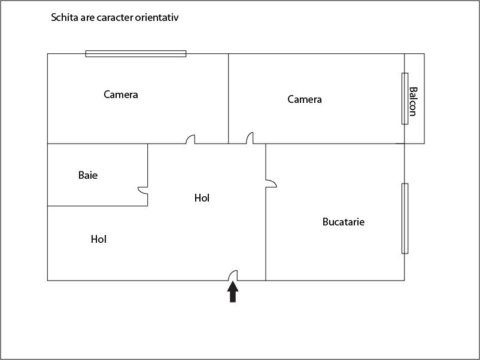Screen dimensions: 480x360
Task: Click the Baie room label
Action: pyautogui.click(x=88, y=175)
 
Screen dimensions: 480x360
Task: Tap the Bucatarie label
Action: pyautogui.click(x=344, y=222)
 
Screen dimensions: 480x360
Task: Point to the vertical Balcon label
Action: pyautogui.click(x=413, y=102)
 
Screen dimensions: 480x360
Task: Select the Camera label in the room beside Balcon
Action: pyautogui.click(x=305, y=99)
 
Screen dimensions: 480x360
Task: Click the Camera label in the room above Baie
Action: pyautogui.click(x=121, y=94)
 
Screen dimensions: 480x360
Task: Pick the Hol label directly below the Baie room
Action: pyautogui.click(x=99, y=239)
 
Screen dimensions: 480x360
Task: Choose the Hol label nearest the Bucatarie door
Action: pyautogui.click(x=202, y=198)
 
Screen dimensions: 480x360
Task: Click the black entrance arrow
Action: pyautogui.click(x=233, y=292)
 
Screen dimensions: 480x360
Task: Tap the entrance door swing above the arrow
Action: pyautogui.click(x=233, y=275)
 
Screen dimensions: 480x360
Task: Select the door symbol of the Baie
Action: pyautogui.click(x=143, y=190)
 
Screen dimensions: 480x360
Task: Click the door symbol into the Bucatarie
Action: pyautogui.click(x=271, y=184)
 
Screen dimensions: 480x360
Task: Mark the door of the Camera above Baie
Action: pyautogui.click(x=190, y=139)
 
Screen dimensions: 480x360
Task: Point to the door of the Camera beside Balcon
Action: pyautogui.click(x=250, y=138)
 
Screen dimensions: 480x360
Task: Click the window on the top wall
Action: pyautogui.click(x=136, y=54)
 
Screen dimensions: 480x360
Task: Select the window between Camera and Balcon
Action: pyautogui.click(x=405, y=99)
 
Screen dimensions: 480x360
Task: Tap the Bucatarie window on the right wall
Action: pyautogui.click(x=405, y=219)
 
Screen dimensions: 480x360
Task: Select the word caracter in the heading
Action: pyautogui.click(x=115, y=18)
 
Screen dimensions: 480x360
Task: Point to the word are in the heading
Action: pyautogui.click(x=87, y=18)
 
